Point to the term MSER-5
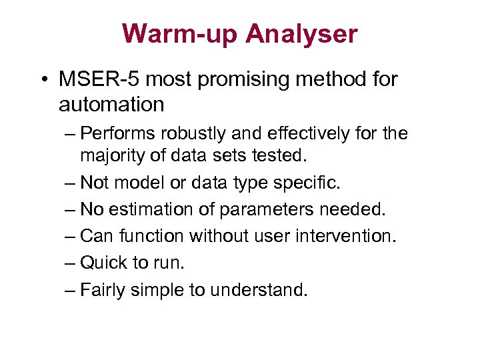pos(99,80)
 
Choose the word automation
pos(111,104)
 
